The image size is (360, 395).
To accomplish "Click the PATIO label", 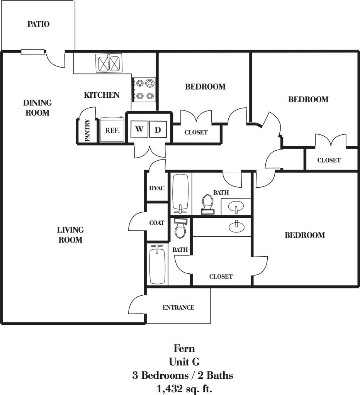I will coord(38,24).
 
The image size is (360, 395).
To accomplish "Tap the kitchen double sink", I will coord(109,63).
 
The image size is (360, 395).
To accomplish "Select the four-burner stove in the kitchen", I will coord(144,89).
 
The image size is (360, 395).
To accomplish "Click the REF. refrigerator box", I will coord(112,130).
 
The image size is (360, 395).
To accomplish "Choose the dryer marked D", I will coord(158,130).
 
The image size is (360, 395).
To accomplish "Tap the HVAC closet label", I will coord(157,188).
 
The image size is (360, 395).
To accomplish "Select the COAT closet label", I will coord(157,223).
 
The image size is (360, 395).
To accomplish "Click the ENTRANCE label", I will coord(178,307).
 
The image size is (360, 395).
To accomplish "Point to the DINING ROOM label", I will coord(37,108).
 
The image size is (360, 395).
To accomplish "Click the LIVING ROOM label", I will coord(70,235).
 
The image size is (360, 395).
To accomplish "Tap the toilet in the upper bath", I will coord(207,203).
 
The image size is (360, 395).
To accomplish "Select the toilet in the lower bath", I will coord(180,229).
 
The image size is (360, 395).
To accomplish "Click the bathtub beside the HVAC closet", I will coord(180,193).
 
